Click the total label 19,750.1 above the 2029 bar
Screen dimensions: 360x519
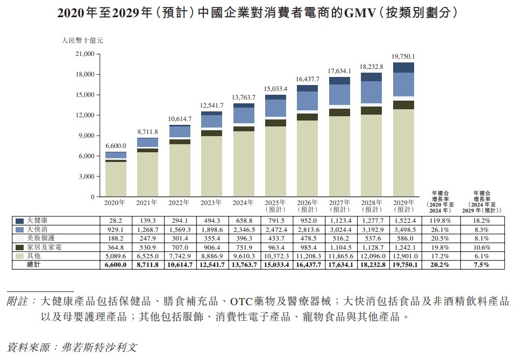[x=403, y=56]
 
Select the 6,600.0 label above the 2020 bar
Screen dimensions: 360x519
[x=116, y=146]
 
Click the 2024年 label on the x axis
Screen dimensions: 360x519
[x=244, y=203]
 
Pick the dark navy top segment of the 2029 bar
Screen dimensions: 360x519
[x=403, y=67]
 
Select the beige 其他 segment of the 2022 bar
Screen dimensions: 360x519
[x=180, y=170]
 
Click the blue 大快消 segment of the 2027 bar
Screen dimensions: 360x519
[x=339, y=94]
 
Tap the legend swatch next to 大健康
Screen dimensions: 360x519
[x=20, y=221]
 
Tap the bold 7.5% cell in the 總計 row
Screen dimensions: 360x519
[x=483, y=264]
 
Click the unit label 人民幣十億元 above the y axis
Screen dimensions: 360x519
[x=82, y=40]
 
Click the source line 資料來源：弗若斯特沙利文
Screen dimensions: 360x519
[x=72, y=347]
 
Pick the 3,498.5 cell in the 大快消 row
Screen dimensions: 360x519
[x=403, y=229]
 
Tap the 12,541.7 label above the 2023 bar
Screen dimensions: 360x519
[x=211, y=105]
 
